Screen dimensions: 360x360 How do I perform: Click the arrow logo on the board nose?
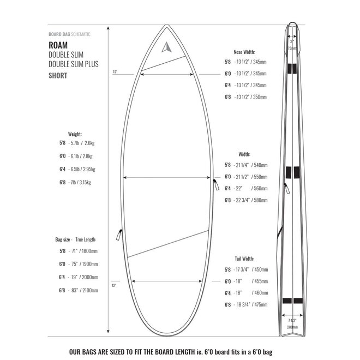pos(166,47)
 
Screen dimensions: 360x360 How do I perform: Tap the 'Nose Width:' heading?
pos(245,52)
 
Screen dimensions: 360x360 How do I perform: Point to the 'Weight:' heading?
pos(75,133)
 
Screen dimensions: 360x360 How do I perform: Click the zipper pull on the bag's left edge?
pos(118,235)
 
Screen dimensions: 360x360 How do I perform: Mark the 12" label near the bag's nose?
pos(115,72)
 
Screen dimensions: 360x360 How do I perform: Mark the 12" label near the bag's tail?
pos(114,285)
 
